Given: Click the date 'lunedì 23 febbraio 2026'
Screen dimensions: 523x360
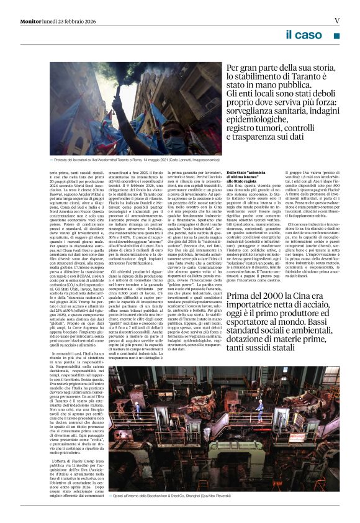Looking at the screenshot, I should [72, 21].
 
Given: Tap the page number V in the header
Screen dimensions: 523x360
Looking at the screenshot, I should [336, 20].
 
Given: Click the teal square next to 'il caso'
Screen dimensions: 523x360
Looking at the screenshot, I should [336, 37].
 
